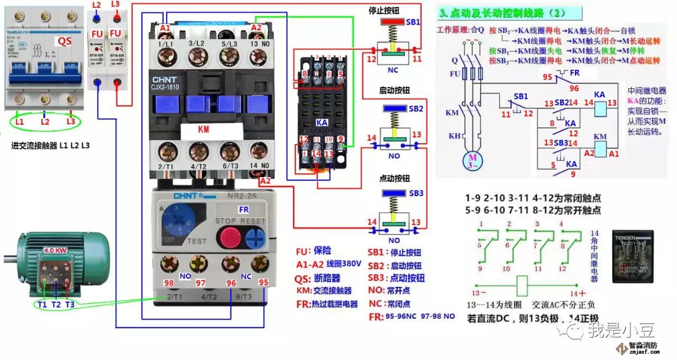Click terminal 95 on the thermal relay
pos(260,262)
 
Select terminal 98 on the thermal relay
pos(169,263)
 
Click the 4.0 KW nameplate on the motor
pos(56,251)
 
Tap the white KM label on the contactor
pos(203,128)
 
